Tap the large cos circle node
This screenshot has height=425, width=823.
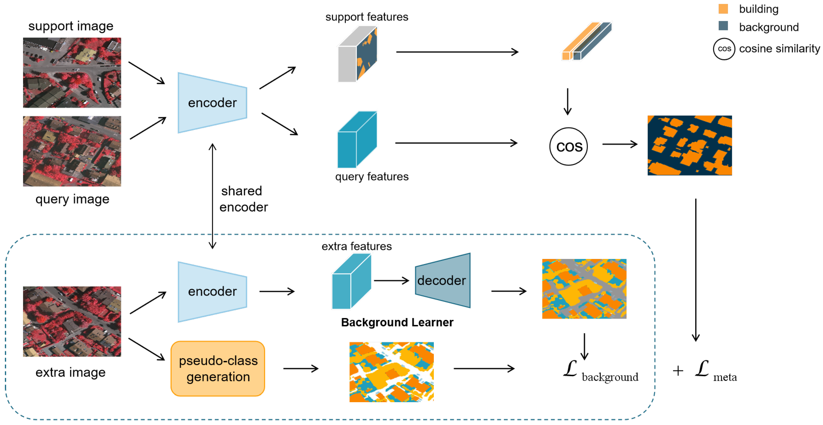[x=568, y=146]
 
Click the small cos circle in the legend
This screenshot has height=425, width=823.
[x=724, y=49]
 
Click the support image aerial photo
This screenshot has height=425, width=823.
[x=72, y=73]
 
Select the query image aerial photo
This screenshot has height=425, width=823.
[x=72, y=151]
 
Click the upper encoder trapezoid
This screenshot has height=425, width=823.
[x=212, y=103]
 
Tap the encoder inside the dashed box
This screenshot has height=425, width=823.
[x=212, y=291]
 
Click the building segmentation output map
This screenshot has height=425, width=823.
[x=689, y=145]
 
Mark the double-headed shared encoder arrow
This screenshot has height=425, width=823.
[x=212, y=196]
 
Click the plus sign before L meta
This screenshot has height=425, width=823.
[x=678, y=371]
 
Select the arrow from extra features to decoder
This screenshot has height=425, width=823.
[x=391, y=281]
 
